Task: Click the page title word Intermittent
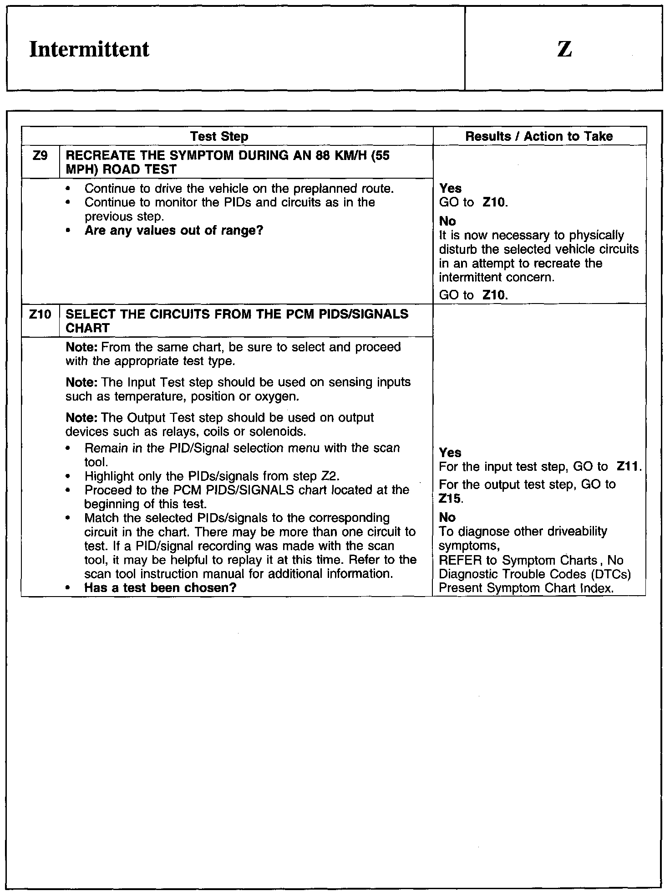[x=89, y=49]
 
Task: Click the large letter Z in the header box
[x=564, y=49]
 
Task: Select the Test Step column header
[x=219, y=136]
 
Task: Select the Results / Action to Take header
[x=539, y=136]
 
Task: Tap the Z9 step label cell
[x=40, y=156]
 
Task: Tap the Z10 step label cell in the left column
[x=40, y=314]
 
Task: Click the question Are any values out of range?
[x=174, y=231]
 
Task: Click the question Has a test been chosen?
[x=160, y=588]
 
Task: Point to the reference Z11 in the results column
[x=628, y=467]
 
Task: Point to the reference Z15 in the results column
[x=450, y=499]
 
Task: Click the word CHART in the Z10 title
[x=88, y=329]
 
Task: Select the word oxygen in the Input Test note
[x=278, y=397]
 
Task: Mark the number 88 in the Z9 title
[x=316, y=156]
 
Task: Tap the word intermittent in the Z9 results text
[x=474, y=278]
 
